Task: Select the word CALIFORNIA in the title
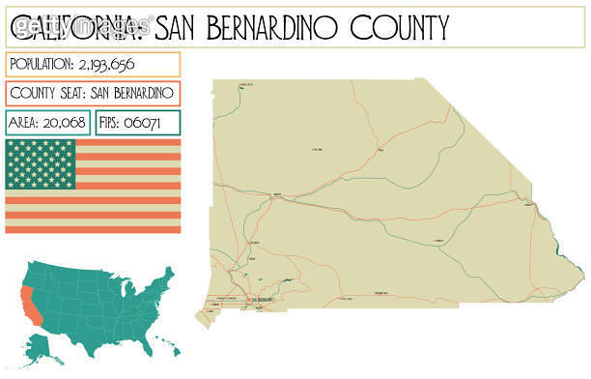coord(79,29)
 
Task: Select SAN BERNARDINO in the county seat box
coord(132,94)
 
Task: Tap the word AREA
coord(26,124)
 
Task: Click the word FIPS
coord(115,124)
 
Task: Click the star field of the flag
coord(40,164)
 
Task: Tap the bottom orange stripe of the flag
coord(93,228)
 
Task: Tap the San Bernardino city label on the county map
coord(264,301)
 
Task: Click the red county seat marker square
coord(248,301)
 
